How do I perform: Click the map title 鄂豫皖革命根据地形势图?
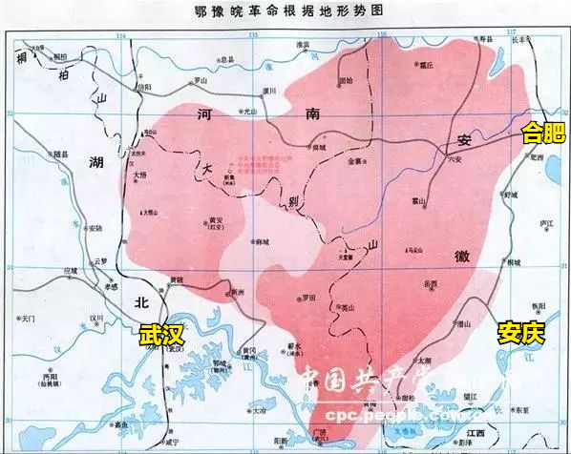coord(285,11)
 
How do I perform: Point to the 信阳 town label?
coord(144,87)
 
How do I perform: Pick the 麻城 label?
coord(261,243)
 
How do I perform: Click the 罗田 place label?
coord(307,298)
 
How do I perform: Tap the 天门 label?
coord(26,316)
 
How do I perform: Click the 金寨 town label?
coord(355,162)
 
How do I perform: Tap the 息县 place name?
coord(227,58)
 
